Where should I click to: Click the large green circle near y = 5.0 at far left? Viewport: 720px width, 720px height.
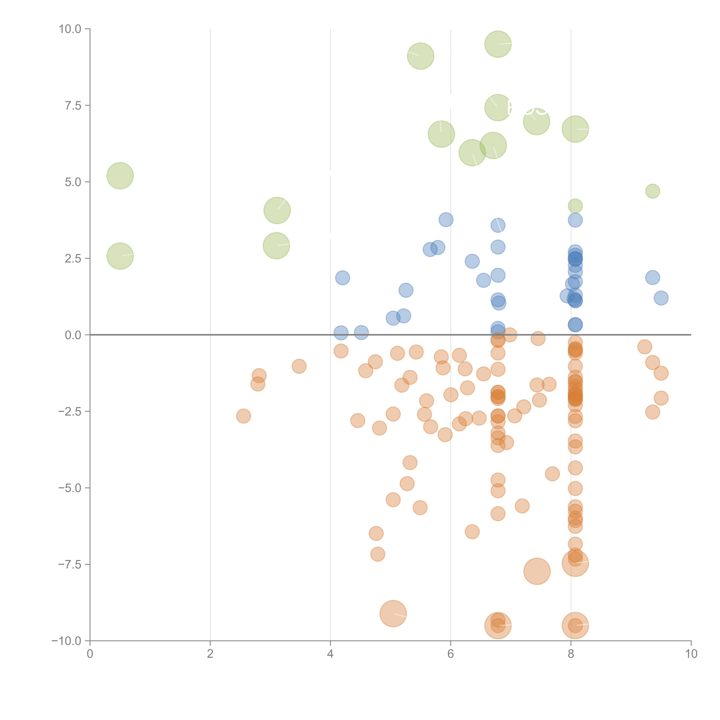click(120, 176)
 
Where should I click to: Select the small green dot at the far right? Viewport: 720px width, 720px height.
click(652, 191)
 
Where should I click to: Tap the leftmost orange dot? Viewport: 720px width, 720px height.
click(243, 416)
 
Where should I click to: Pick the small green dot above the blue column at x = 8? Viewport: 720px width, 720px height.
click(575, 206)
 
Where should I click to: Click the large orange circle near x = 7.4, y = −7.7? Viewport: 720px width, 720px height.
click(537, 571)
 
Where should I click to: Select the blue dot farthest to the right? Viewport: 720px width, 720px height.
click(661, 298)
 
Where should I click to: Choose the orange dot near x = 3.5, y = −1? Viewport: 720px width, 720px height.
click(299, 366)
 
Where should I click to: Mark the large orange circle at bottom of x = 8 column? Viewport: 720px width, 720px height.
click(575, 625)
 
